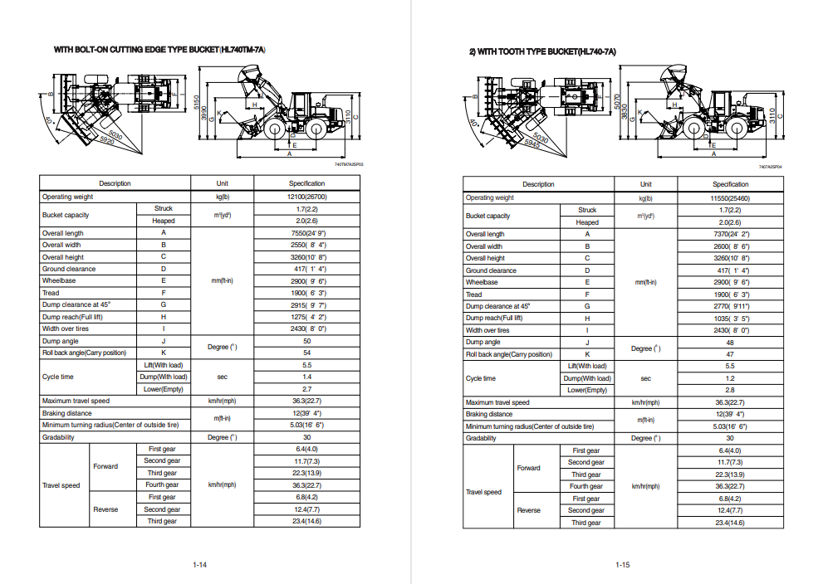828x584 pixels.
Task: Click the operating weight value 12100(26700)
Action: tap(306, 197)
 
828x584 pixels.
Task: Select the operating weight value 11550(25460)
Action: tap(730, 197)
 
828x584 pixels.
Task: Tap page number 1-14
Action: tap(199, 565)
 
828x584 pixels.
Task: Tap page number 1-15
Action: tap(623, 565)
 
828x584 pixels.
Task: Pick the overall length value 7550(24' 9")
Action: tap(306, 233)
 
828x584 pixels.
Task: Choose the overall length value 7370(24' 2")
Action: tap(730, 234)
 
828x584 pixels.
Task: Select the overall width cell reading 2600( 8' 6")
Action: tap(730, 246)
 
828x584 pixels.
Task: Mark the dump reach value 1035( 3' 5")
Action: tap(730, 319)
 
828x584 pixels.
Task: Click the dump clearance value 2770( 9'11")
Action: tap(730, 306)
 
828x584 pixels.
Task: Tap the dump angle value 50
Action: tap(306, 341)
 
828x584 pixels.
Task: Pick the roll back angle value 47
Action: tap(730, 354)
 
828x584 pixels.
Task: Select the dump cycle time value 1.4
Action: tap(306, 377)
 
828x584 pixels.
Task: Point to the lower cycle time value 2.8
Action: tap(730, 390)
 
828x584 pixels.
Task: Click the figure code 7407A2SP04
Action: tap(770, 166)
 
